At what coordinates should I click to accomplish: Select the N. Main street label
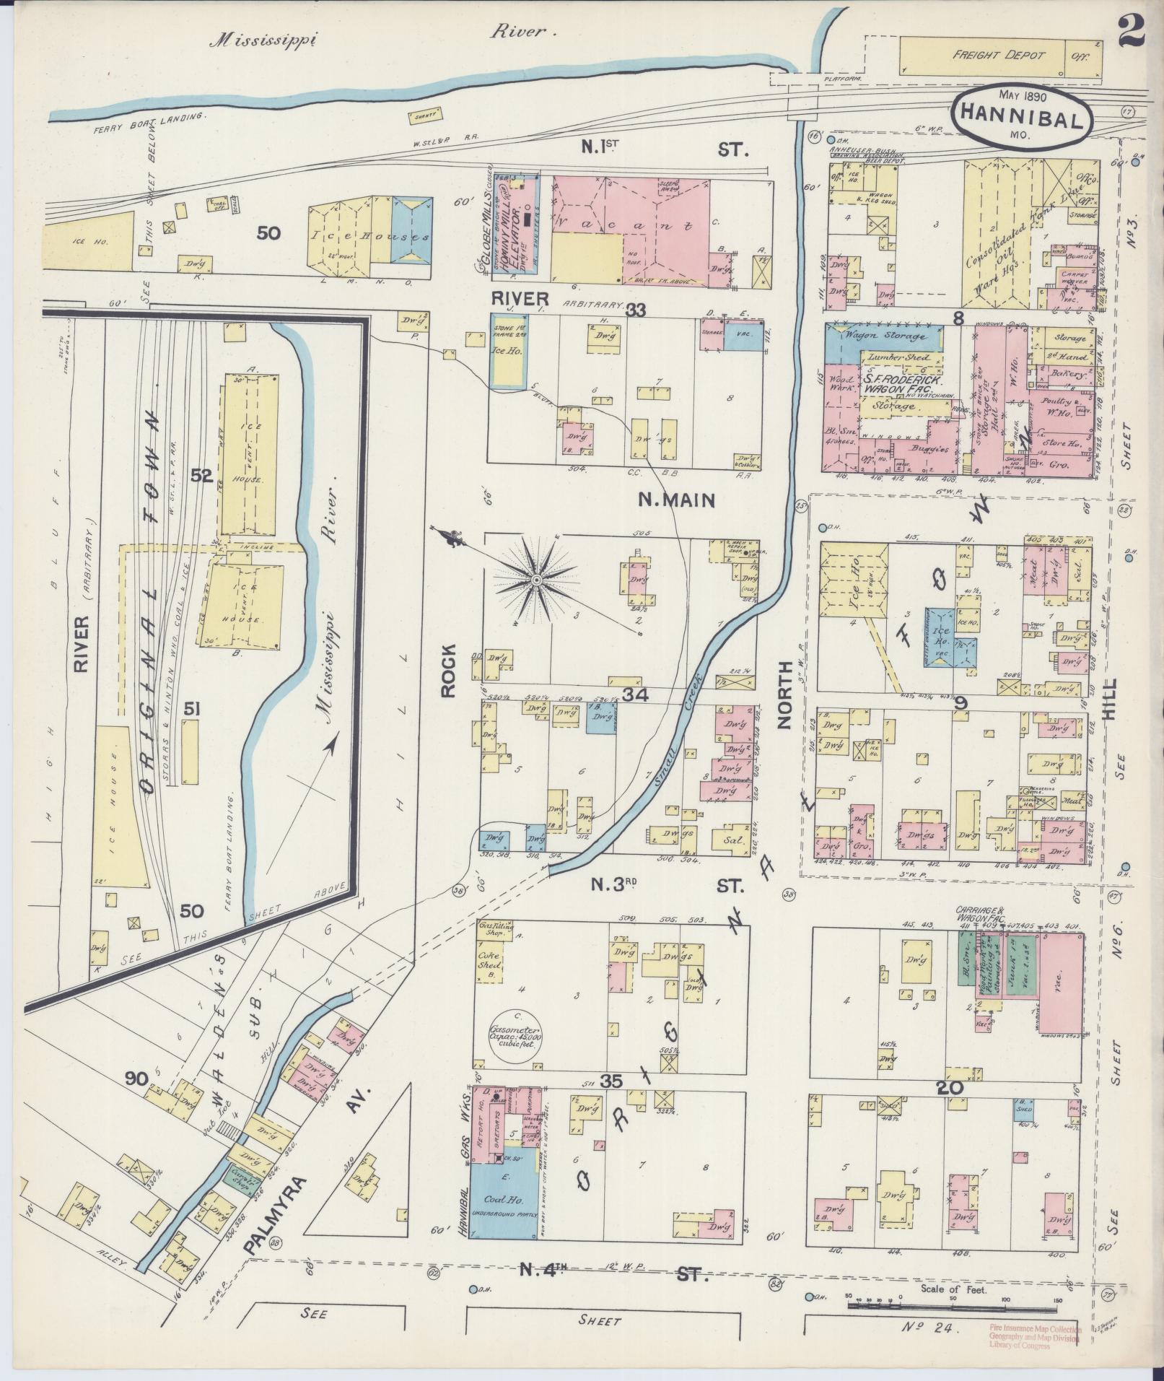[676, 500]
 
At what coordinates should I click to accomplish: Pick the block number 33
[636, 310]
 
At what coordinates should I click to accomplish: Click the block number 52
[201, 476]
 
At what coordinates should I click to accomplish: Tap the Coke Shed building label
[491, 962]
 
